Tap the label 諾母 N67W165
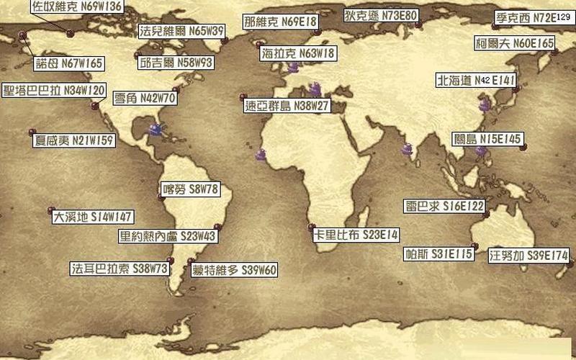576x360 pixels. [x=69, y=63]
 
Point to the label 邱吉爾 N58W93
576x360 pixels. [x=176, y=63]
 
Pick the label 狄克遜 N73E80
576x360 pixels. [x=380, y=15]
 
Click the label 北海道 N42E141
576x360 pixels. [x=475, y=80]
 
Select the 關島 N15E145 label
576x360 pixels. [x=488, y=138]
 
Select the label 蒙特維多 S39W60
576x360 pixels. [x=234, y=271]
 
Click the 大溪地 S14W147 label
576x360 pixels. [x=93, y=217]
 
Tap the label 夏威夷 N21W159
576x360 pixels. [x=74, y=140]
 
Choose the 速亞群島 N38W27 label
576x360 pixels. [x=287, y=106]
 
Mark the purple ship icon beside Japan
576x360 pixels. [x=486, y=104]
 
